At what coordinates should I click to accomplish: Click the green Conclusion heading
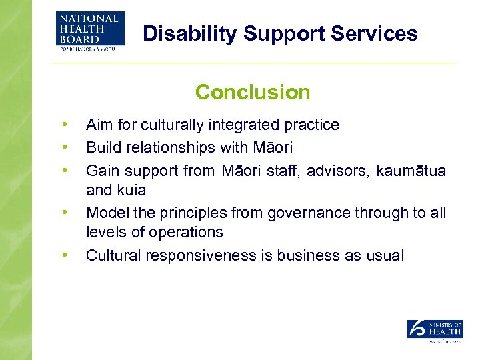coord(253,92)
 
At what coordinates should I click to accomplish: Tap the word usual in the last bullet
coord(385,255)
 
